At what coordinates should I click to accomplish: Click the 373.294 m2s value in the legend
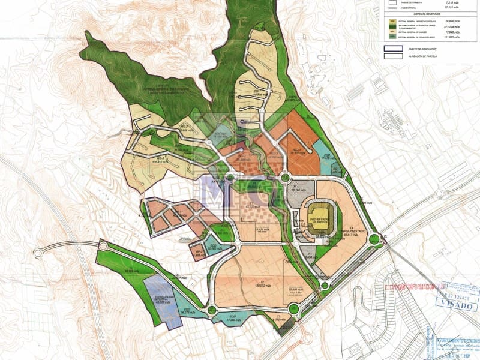pos(443,27)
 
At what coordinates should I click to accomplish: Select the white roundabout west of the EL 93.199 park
pos(103,246)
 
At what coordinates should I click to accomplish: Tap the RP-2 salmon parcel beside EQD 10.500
pos(199,253)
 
